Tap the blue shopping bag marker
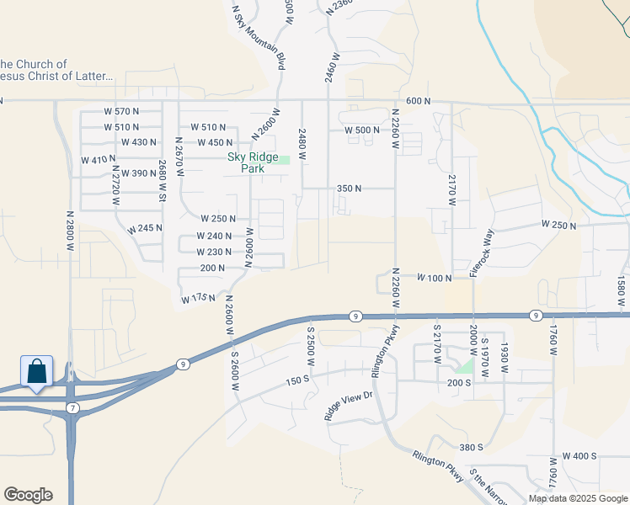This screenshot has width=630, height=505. tap(37, 371)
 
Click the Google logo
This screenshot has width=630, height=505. tap(28, 495)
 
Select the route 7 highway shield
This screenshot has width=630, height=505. tap(73, 408)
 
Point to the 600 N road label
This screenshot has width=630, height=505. tap(418, 101)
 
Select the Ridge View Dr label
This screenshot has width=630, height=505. tap(348, 405)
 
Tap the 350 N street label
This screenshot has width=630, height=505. tap(349, 189)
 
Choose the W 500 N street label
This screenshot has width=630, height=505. tap(362, 130)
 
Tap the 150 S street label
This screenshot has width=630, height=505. tap(299, 380)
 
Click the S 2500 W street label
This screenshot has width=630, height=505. tap(310, 345)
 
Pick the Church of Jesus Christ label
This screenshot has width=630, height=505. tap(56, 70)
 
